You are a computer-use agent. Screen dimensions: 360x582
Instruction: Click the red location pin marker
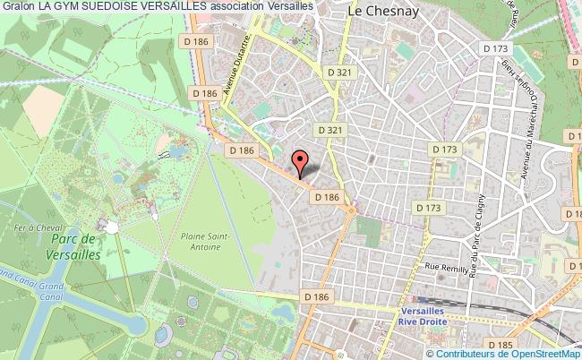302,163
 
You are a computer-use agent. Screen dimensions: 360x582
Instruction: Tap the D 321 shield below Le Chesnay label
338,71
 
